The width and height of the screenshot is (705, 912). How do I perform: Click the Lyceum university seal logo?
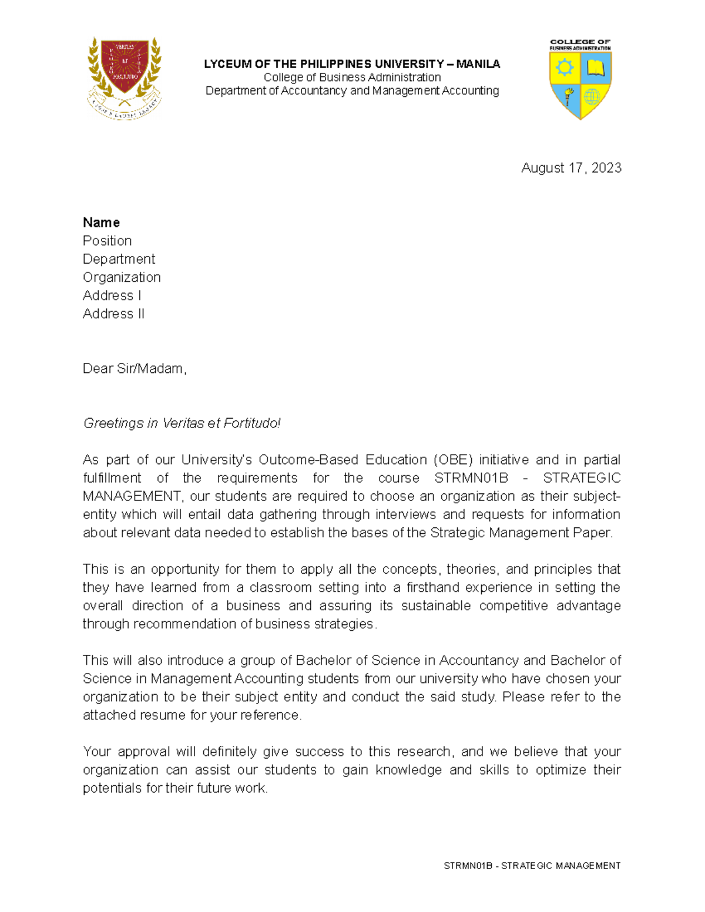[x=124, y=78]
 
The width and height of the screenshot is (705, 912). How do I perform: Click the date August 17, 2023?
[x=571, y=168]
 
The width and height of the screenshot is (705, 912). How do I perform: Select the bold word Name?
[x=101, y=223]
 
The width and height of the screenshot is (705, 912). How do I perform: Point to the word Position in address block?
[x=107, y=241]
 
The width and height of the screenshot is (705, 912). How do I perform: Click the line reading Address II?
[x=113, y=314]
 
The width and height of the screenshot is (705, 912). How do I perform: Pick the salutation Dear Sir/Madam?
[x=135, y=368]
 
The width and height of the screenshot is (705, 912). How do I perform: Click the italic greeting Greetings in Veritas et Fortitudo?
[x=182, y=423]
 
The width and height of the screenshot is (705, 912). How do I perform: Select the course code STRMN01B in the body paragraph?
[x=471, y=477]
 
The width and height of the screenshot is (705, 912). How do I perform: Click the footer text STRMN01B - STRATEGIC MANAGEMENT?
[x=532, y=866]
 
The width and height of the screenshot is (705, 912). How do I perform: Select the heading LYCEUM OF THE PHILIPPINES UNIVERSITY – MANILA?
[x=352, y=64]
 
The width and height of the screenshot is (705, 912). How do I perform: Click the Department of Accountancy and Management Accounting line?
[x=352, y=90]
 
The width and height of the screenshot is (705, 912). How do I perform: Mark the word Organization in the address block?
[x=122, y=277]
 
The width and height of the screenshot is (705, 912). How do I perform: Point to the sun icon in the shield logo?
[x=565, y=68]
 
